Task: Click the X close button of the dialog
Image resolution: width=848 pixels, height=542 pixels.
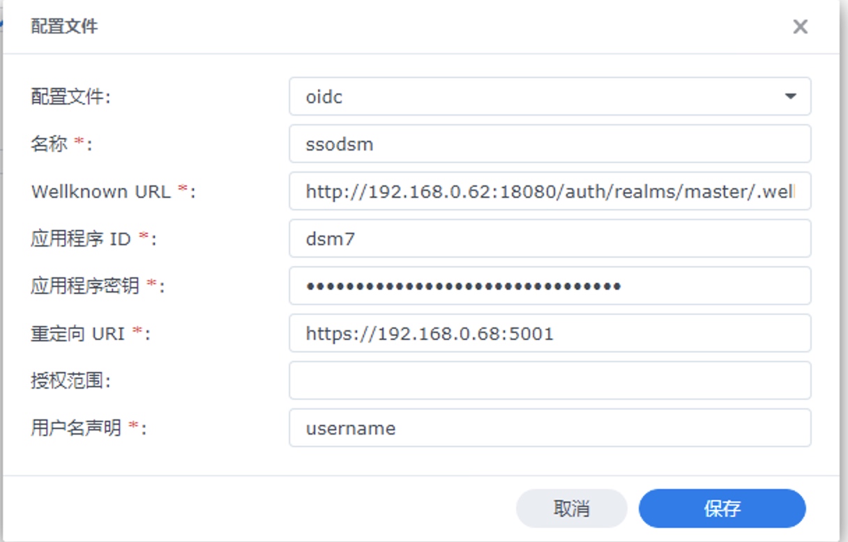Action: [x=801, y=27]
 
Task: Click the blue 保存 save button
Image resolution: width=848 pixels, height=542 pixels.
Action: [x=722, y=508]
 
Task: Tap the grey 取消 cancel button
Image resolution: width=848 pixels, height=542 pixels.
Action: [x=572, y=508]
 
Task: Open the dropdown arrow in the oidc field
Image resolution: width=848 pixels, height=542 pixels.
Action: [x=790, y=96]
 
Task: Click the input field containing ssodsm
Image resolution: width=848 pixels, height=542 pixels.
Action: [x=550, y=144]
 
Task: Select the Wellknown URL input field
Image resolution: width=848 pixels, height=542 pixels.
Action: [x=550, y=191]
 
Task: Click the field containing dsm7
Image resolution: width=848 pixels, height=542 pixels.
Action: [x=550, y=238]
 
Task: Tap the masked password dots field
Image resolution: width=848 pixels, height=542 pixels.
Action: [x=550, y=286]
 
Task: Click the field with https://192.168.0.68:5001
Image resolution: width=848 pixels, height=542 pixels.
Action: [x=550, y=333]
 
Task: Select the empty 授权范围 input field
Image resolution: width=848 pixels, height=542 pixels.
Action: [x=550, y=380]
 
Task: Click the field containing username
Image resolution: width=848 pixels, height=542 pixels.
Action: [x=550, y=428]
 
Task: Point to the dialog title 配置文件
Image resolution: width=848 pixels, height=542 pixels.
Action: [x=64, y=26]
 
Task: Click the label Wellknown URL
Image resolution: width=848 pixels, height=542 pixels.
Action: [x=101, y=192]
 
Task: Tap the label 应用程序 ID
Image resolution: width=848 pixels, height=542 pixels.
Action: [x=81, y=239]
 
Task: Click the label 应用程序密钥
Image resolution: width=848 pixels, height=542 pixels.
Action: [x=85, y=286]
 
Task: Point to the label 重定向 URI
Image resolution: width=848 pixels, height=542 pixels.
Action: [x=77, y=334]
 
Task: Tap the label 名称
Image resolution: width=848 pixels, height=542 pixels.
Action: [x=50, y=144]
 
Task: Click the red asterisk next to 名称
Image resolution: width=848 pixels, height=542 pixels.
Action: [x=79, y=141]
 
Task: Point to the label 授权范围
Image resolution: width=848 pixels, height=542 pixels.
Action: [x=68, y=380]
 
